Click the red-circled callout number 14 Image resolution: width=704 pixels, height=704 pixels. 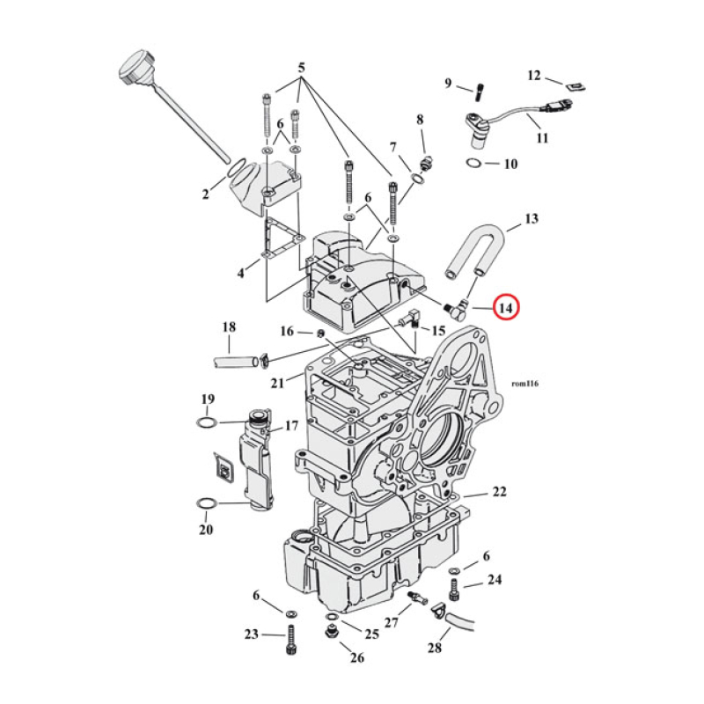point(506,308)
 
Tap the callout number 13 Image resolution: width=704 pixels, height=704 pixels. point(531,218)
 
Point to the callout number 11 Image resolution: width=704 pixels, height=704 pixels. point(541,138)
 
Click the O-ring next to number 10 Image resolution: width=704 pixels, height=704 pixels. point(472,165)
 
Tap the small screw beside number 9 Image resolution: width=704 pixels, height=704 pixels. point(480,90)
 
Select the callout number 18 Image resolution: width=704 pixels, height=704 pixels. point(229,327)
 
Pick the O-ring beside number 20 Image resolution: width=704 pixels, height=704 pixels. point(205,503)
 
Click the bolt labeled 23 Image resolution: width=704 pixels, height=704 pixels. point(290,638)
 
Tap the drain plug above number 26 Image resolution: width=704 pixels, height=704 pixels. point(333,634)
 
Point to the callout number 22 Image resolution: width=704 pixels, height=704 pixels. point(499,493)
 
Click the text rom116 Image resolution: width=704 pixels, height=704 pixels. point(524,385)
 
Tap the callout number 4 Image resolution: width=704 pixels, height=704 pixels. point(240,274)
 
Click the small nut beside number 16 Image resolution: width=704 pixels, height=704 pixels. point(322,332)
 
